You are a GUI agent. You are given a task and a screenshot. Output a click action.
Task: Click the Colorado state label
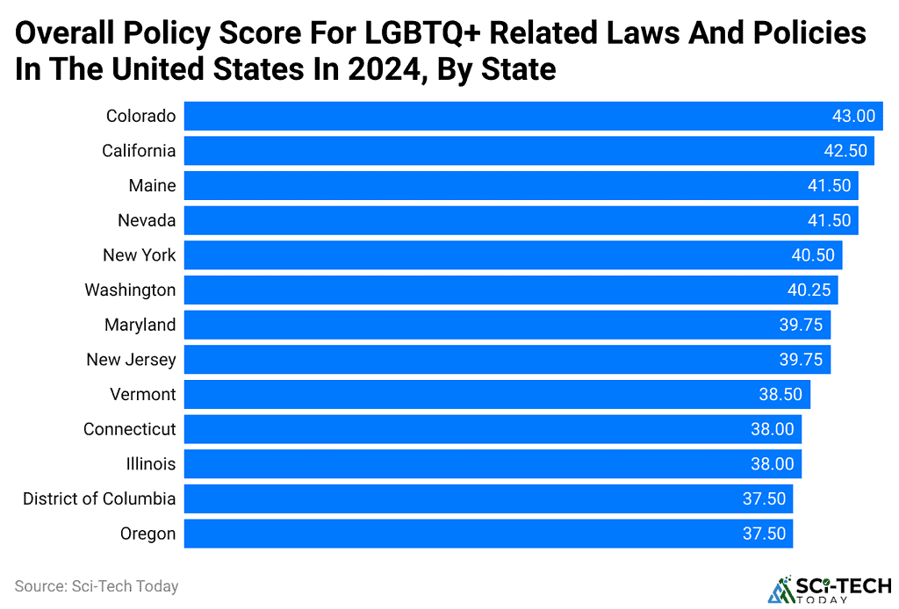pos(140,116)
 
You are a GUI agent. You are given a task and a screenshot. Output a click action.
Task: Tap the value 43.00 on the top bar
pos(853,116)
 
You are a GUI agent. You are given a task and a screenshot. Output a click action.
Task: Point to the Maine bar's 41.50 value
pos(829,186)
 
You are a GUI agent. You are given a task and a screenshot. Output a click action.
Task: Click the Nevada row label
pos(147,220)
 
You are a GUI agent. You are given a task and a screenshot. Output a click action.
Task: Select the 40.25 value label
pos(809,290)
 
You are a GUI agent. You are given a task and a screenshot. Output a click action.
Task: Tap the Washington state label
pos(130,290)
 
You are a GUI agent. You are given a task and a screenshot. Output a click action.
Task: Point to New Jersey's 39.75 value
pos(801,359)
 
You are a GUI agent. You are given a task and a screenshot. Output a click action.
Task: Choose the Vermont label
pos(143,394)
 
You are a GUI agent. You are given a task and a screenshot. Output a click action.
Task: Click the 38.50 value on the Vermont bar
pos(780,394)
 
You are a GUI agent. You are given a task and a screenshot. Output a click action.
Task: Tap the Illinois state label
pos(150,463)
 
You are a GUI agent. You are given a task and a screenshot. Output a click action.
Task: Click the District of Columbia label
pos(99,498)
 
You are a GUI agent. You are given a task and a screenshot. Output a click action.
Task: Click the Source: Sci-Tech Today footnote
pos(97,586)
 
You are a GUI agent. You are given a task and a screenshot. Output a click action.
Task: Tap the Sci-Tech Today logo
pos(829,588)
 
